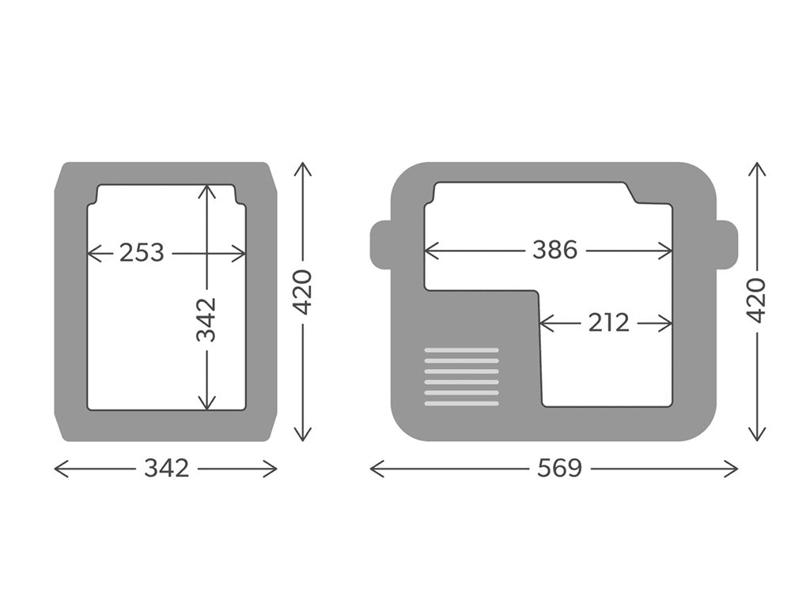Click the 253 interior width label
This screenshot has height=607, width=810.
142,253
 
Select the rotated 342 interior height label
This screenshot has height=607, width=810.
206,319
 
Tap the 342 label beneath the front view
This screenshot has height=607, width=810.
166,469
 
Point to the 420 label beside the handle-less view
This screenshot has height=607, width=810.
303,292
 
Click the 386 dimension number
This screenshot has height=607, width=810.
554,251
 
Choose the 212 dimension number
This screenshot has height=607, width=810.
608,322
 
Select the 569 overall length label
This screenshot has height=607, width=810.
559,469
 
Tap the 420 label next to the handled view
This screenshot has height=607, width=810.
757,300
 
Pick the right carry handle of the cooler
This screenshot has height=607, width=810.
727,245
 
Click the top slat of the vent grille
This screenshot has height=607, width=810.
462,350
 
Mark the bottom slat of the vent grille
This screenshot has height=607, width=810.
462,404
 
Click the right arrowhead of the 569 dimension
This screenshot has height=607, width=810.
735,469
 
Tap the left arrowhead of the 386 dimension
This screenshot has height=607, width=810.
428,251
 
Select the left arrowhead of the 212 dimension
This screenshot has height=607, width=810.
543,322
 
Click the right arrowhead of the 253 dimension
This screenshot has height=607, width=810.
242,253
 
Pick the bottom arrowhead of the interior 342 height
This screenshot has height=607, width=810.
206,406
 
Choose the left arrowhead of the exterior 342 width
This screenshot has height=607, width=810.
58,469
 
